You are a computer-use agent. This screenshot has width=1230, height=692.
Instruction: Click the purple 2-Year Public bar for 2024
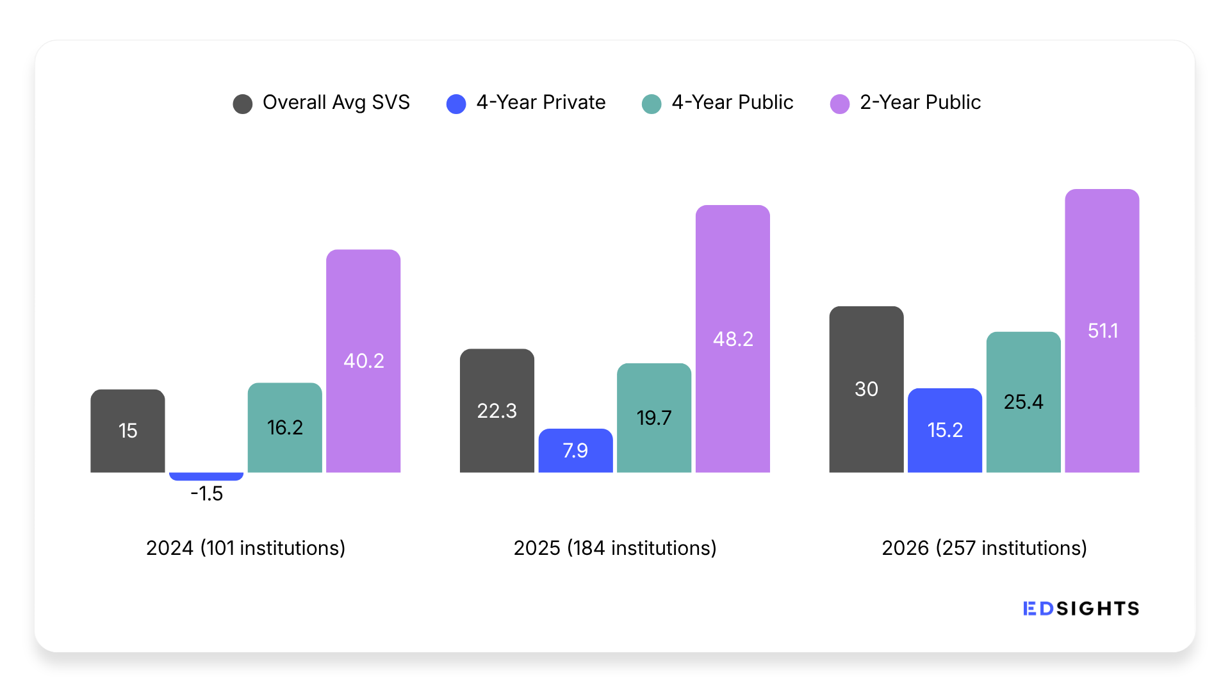point(363,361)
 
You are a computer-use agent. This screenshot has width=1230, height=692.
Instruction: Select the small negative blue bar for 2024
point(206,476)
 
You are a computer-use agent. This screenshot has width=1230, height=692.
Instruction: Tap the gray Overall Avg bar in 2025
point(497,411)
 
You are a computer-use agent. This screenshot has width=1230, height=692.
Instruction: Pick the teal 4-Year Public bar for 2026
point(1024,402)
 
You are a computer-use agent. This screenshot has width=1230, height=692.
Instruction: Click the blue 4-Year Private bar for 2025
point(576,450)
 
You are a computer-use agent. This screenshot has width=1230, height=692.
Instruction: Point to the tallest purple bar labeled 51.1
point(1102,331)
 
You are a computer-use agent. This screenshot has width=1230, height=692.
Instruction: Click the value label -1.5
point(206,493)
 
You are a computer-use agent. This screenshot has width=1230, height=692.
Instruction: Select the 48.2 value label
point(733,339)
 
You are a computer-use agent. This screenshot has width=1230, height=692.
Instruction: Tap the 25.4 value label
point(1024,402)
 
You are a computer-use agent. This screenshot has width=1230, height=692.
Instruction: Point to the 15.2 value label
point(945,430)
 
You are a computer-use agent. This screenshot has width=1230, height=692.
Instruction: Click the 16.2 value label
point(285,427)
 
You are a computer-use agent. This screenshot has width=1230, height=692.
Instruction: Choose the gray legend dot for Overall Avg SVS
point(243,104)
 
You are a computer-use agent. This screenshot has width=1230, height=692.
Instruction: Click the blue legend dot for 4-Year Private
point(456,104)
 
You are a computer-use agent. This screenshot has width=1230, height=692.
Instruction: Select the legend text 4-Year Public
point(732,103)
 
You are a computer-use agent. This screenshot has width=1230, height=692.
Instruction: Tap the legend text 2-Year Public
point(920,103)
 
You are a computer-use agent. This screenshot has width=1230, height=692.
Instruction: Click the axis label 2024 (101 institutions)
point(246,548)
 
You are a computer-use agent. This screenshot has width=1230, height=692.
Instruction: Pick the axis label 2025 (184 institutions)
point(615,548)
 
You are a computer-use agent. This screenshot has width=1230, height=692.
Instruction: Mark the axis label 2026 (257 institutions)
point(985,548)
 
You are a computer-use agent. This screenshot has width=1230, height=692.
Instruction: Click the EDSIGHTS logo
point(1081,609)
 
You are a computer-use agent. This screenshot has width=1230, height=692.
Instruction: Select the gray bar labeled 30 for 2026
point(867,389)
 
